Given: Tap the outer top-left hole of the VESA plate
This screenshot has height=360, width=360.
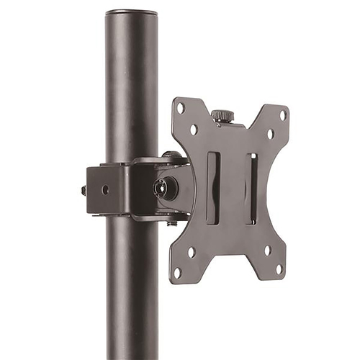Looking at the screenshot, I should pos(181,108).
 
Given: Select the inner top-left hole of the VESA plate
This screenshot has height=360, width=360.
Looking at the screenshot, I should pos(194,130).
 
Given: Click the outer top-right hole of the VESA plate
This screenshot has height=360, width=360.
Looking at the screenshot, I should pos(283,114).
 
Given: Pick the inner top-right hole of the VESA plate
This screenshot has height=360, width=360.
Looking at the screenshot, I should pos(270,134).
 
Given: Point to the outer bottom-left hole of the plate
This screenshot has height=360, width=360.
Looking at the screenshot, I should pos(177,272).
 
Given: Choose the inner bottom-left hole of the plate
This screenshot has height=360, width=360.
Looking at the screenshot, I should pos(191,251).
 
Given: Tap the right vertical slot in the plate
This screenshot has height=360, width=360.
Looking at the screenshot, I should pos(251,189).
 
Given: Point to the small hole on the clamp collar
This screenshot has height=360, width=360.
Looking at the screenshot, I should pos(105,190).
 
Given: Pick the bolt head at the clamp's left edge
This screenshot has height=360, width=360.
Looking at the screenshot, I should pos(84,191).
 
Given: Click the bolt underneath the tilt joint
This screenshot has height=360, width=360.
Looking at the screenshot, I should pos(172,222).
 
